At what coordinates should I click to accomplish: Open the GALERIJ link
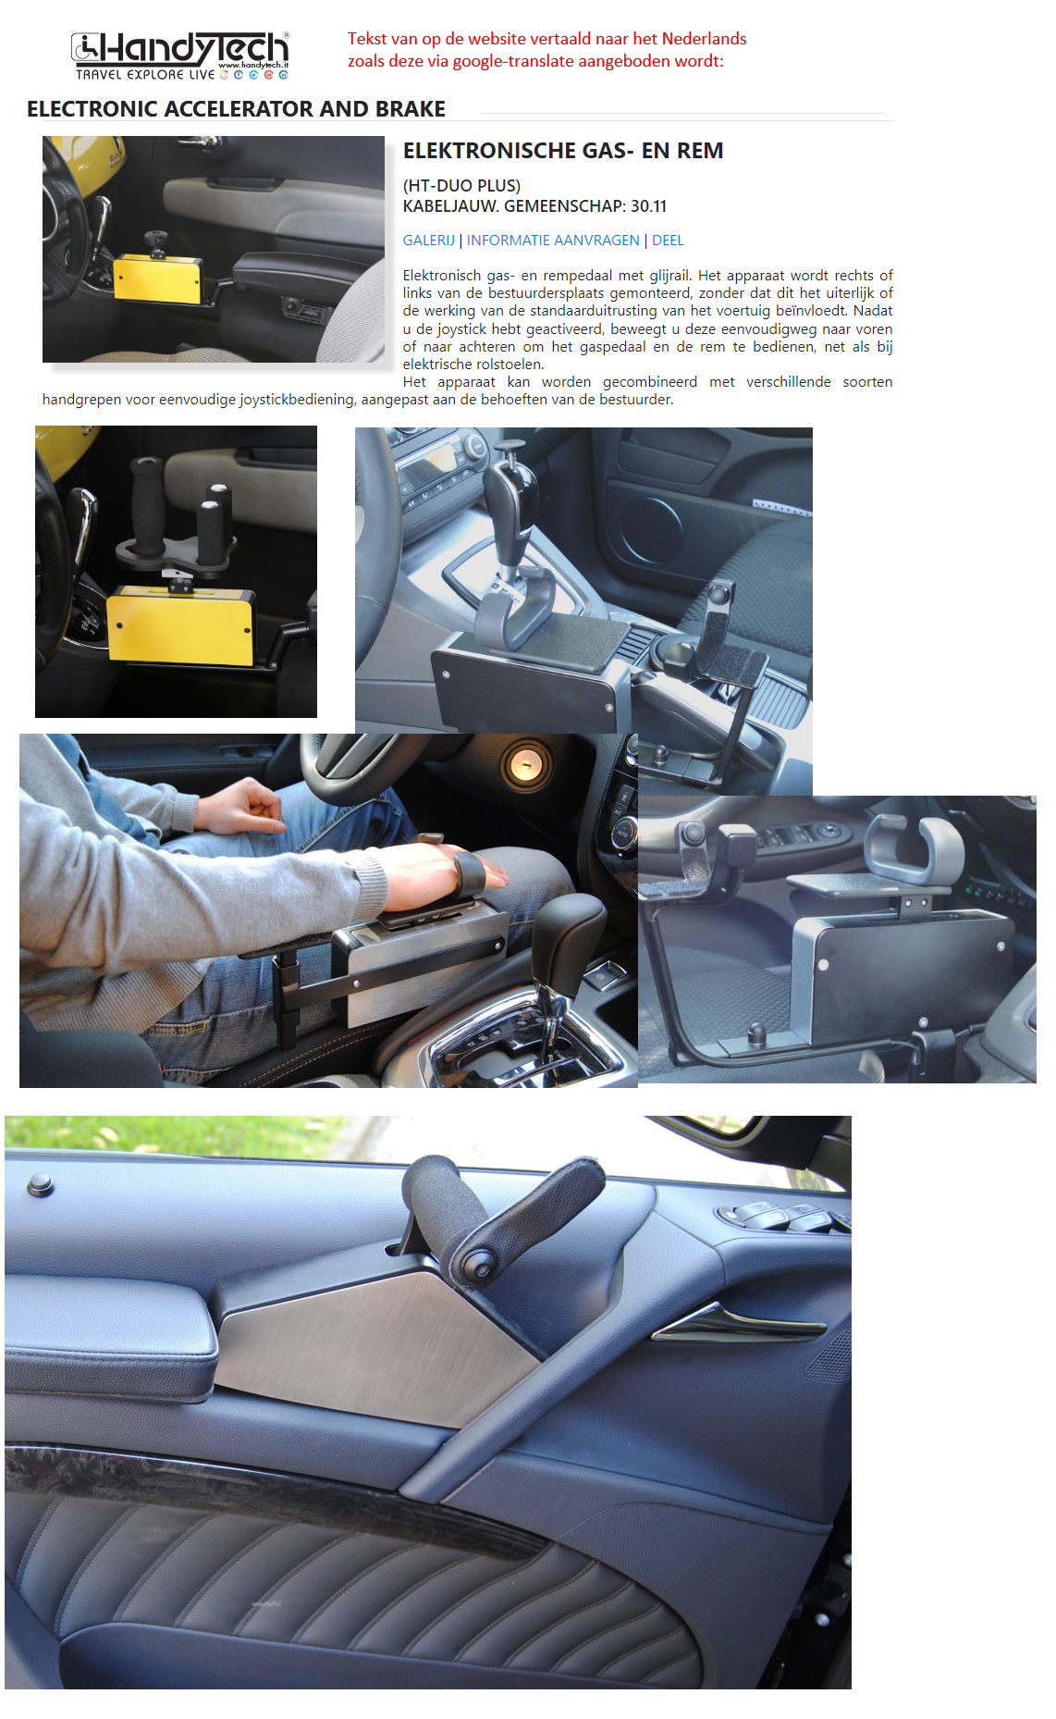click(x=428, y=241)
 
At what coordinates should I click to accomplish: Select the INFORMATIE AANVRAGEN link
click(x=553, y=241)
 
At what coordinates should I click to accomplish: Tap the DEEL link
click(x=668, y=241)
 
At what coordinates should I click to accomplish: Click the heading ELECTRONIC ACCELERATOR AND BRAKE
click(x=236, y=109)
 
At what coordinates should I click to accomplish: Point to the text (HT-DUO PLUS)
click(x=461, y=186)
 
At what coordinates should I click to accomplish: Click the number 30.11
click(x=648, y=206)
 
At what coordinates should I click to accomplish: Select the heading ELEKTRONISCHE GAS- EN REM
click(x=562, y=151)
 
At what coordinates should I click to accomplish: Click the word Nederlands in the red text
click(x=704, y=39)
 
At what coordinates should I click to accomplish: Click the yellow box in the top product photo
click(x=157, y=279)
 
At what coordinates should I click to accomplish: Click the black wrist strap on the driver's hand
click(x=470, y=872)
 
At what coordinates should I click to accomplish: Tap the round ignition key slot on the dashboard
click(x=524, y=765)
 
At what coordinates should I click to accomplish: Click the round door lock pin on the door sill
click(x=40, y=1183)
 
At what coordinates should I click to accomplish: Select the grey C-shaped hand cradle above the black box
click(x=914, y=848)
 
